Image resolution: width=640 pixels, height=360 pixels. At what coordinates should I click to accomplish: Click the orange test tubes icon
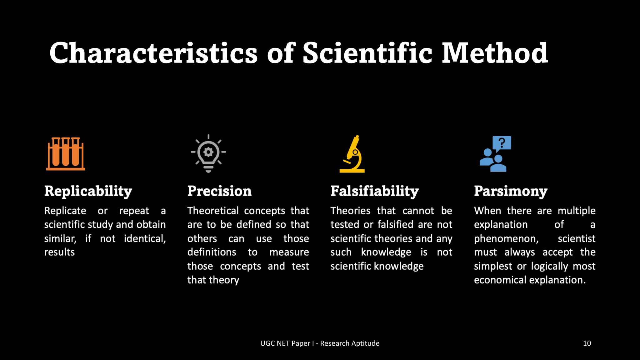click(x=66, y=154)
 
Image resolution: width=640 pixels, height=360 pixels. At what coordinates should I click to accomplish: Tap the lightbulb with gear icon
click(x=208, y=153)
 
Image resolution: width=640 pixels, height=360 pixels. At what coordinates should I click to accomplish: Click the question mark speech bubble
click(x=502, y=143)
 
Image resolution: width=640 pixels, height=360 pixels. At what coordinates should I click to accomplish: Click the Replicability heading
click(x=88, y=191)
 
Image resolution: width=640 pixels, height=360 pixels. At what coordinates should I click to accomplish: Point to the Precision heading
click(x=219, y=191)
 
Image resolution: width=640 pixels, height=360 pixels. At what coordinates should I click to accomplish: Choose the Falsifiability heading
click(x=374, y=191)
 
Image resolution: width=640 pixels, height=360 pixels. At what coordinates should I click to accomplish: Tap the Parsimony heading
click(x=511, y=191)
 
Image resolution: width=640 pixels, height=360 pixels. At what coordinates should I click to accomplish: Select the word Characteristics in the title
click(x=153, y=53)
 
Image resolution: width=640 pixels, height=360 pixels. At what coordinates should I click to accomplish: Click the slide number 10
click(x=587, y=343)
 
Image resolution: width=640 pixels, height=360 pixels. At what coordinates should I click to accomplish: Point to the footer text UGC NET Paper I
click(x=287, y=343)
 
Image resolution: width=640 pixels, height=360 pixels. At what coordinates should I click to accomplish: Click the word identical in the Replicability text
click(x=145, y=239)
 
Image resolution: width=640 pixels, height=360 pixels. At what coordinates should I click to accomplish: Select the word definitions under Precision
click(x=212, y=252)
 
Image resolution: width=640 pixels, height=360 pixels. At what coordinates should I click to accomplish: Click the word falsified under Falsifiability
click(x=396, y=225)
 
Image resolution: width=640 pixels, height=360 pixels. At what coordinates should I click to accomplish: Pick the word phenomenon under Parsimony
click(x=506, y=239)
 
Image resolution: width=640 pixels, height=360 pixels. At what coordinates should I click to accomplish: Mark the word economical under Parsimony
click(x=500, y=280)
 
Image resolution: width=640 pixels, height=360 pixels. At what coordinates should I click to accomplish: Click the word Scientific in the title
click(x=367, y=53)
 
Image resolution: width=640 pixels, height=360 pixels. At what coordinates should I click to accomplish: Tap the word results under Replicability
click(x=59, y=252)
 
